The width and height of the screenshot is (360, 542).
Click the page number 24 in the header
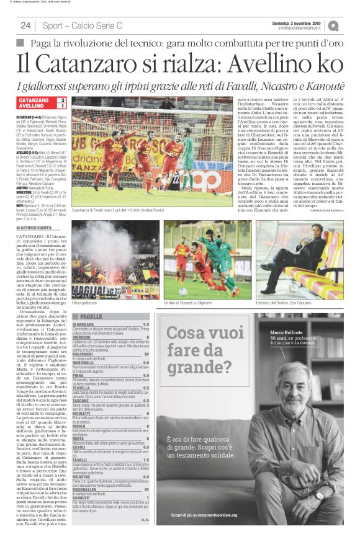pos(25,25)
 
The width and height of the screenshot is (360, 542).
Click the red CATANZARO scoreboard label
pos(34,100)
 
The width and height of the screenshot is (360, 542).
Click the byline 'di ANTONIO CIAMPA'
pos(37,229)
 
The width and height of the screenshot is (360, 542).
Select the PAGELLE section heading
pos(91,316)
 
